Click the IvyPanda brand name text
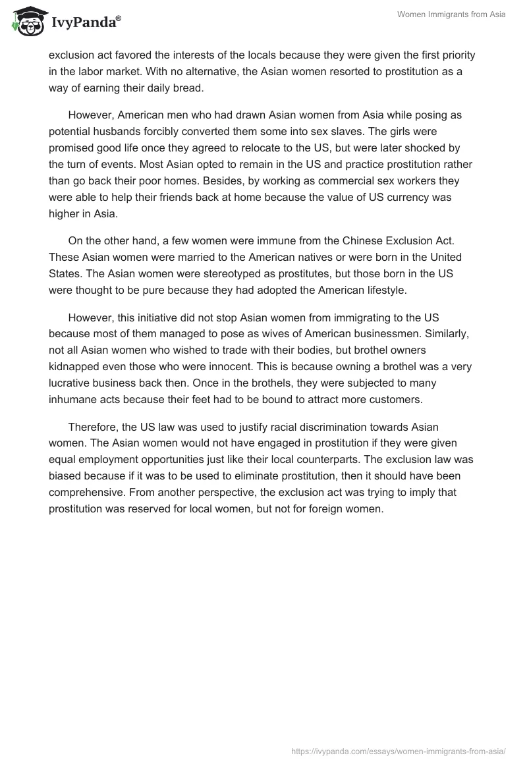[82, 23]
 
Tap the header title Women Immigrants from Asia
[451, 14]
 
